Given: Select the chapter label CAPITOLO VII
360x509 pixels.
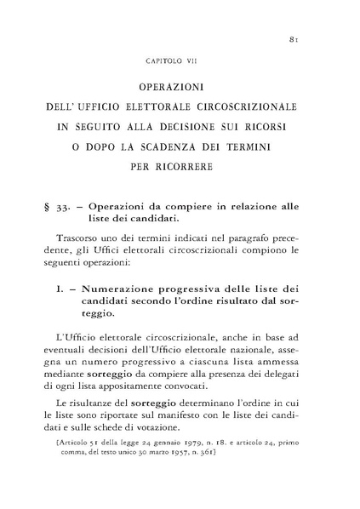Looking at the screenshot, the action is point(180,61).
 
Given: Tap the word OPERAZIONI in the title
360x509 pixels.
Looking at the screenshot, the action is point(180,88).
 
